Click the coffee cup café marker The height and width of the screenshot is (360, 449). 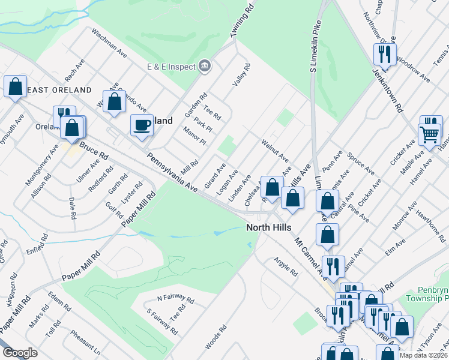142,125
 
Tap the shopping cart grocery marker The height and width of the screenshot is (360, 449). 430,134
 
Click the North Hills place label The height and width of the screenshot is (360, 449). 269,227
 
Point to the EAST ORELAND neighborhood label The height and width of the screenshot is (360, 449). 59,90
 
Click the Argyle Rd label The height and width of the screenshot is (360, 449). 286,267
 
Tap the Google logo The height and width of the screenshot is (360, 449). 20,353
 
